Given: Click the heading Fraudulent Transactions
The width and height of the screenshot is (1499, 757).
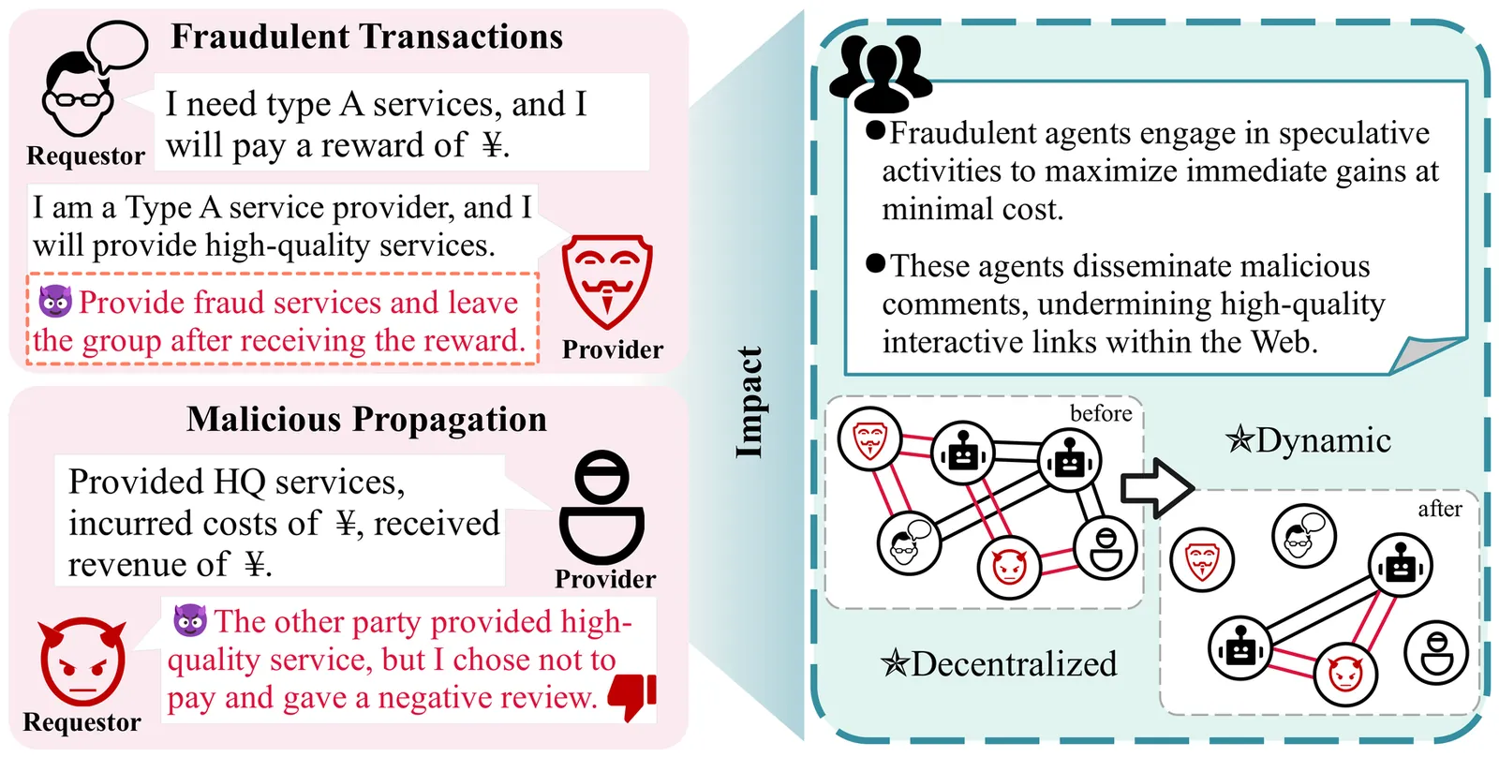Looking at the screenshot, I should coord(366,37).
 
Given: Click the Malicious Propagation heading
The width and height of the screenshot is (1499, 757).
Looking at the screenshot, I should coord(366,420).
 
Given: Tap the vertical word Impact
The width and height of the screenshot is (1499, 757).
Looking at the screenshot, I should coord(749,402).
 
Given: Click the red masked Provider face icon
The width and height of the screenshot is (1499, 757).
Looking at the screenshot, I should coord(606,280).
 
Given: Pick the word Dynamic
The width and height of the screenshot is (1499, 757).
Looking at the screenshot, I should coord(1323,440).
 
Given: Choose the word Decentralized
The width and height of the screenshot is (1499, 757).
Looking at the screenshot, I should coord(1014,664).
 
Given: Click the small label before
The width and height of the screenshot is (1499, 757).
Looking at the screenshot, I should coord(1101,414).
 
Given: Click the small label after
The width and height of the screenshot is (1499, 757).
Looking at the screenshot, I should coord(1439,509).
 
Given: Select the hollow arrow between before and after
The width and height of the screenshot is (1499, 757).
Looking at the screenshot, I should coord(1156,487).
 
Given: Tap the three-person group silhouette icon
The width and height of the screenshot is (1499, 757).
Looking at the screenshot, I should coord(881,71).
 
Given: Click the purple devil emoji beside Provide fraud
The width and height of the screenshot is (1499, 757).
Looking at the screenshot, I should coord(55,302).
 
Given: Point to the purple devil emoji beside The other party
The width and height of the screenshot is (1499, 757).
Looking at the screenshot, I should coord(190,620).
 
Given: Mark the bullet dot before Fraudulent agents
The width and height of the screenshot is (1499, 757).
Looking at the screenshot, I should coord(876,130).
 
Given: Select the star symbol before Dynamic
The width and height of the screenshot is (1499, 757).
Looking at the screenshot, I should coord(1239,439).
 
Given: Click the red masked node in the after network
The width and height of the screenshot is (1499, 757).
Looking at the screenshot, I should coord(1202,561).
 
